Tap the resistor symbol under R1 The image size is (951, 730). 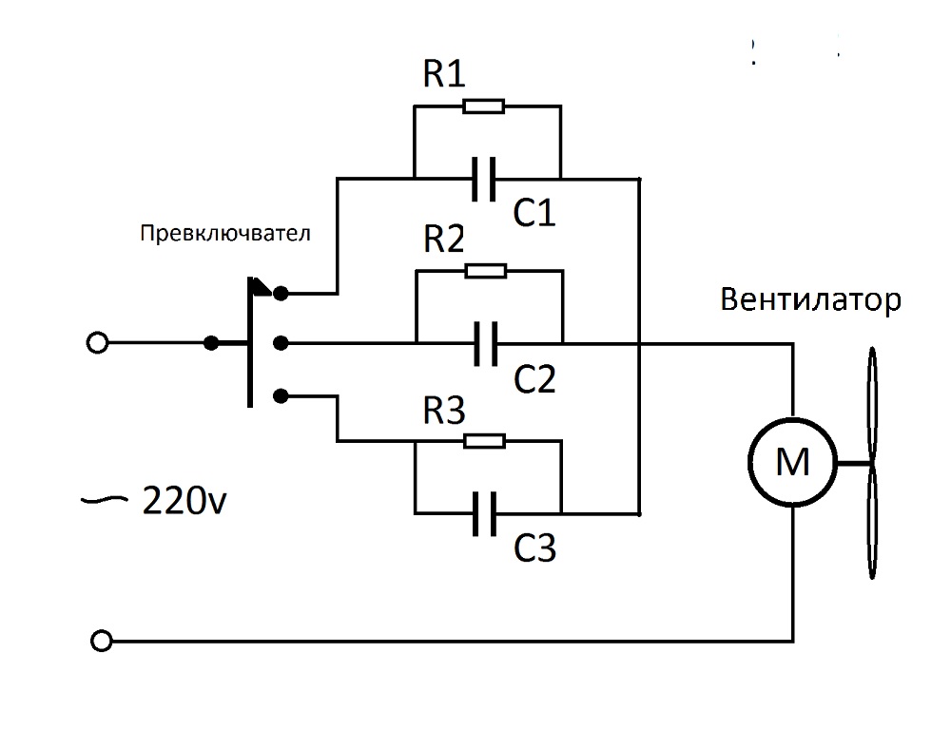point(485,106)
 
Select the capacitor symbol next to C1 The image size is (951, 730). point(484,178)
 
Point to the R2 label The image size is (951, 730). point(443,240)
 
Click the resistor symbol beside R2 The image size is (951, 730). point(485,272)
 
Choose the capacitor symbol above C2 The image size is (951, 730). point(484,342)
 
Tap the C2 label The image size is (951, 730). point(534,379)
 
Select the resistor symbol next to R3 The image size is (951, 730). point(485,441)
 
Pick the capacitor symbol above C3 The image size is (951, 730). point(484,513)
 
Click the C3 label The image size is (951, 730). point(534,548)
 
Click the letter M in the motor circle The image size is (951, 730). point(792,464)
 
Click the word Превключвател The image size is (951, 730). point(224,234)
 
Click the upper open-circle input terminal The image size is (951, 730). point(96,342)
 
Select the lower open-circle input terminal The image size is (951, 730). point(96,639)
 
